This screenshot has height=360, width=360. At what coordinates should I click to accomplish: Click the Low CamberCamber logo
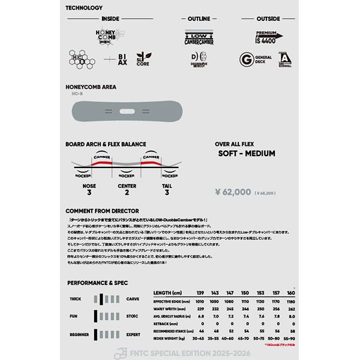[x=197, y=38]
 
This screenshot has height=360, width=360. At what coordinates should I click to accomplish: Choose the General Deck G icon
[x=246, y=61]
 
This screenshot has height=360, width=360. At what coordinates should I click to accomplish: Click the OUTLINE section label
[x=198, y=19]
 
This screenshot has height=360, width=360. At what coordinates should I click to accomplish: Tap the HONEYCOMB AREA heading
[x=91, y=87]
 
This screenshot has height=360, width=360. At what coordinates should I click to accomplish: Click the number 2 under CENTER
[x=126, y=193]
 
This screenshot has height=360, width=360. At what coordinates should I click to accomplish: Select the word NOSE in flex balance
[x=89, y=185]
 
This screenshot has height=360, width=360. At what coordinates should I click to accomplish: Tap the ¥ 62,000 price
[x=233, y=193]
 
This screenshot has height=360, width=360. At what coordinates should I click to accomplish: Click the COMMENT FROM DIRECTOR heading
[x=102, y=211]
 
